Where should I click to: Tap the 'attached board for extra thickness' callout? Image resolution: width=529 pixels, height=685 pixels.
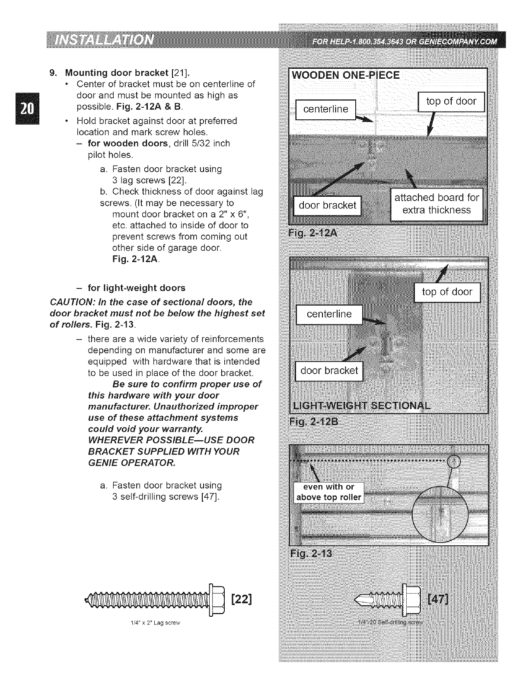click(x=437, y=204)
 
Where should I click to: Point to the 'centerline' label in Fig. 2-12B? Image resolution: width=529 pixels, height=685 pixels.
click(x=329, y=314)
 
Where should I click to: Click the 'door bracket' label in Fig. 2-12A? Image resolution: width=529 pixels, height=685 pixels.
click(x=327, y=205)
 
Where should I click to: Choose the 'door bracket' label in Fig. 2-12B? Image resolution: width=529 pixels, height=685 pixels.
click(x=329, y=371)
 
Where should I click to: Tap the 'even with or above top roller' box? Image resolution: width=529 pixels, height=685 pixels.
click(x=328, y=492)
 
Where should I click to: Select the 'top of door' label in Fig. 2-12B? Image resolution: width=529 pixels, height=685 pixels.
click(x=447, y=292)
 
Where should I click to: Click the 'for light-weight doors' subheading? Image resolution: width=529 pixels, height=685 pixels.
click(x=136, y=288)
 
